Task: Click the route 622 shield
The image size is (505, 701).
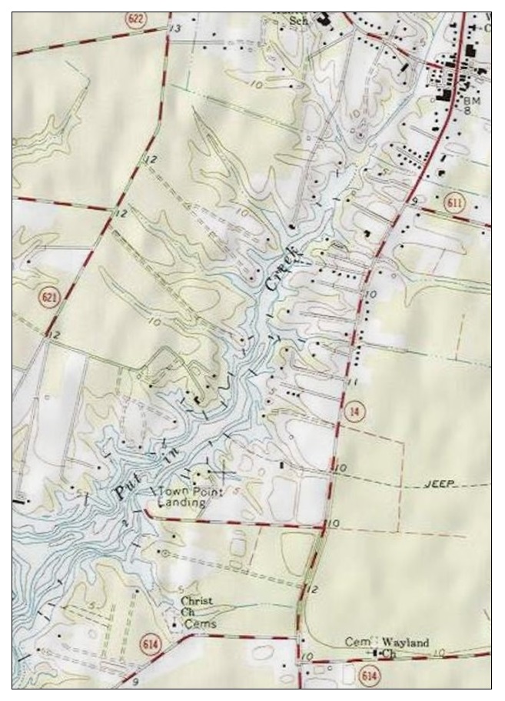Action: click(136, 18)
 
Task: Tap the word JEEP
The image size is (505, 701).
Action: click(440, 484)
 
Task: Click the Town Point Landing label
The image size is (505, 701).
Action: click(182, 496)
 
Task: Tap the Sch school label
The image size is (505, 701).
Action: click(298, 21)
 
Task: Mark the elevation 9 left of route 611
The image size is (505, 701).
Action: click(414, 201)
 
